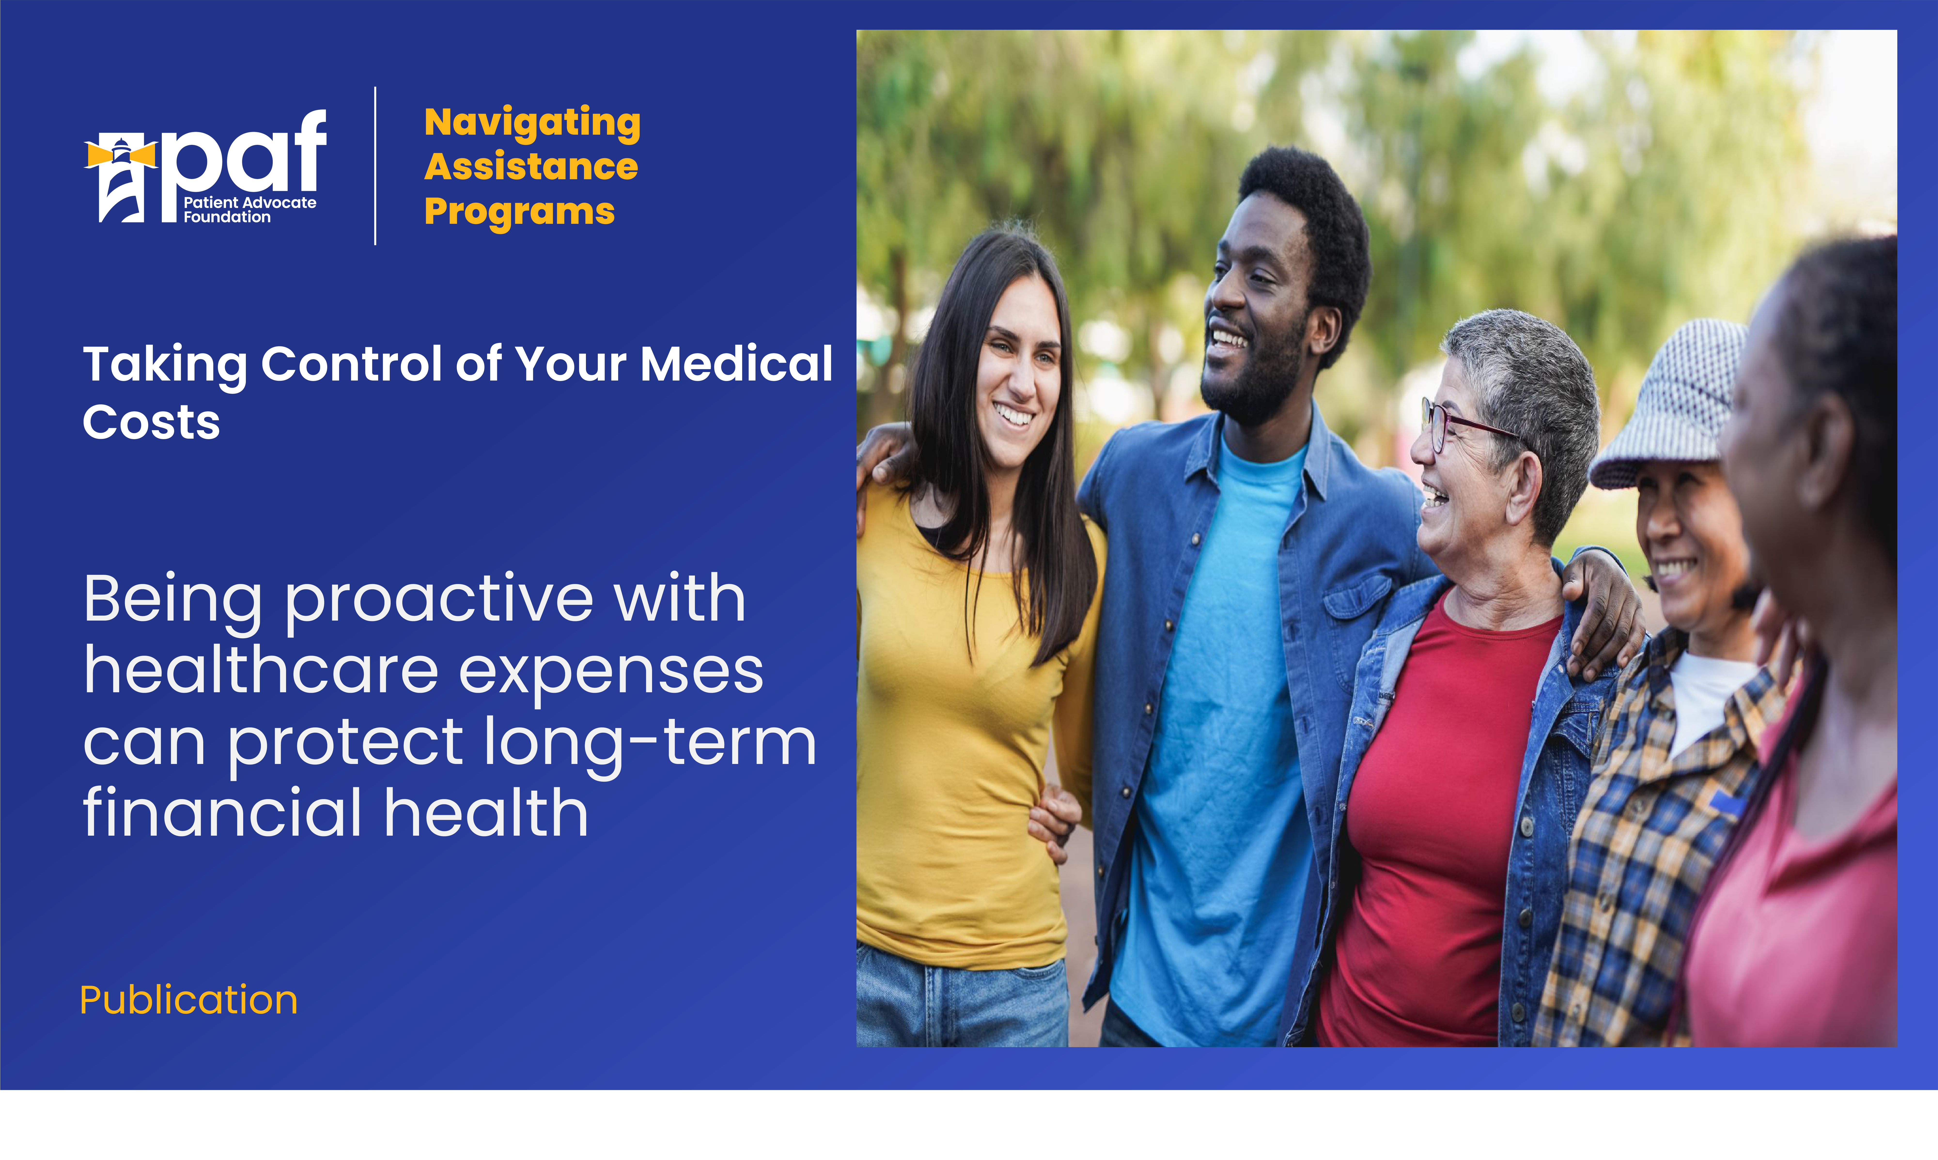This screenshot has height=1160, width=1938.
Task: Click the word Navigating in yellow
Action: (x=532, y=123)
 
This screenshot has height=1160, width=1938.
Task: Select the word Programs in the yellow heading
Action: (x=520, y=212)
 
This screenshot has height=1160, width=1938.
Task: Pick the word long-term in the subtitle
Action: (x=650, y=743)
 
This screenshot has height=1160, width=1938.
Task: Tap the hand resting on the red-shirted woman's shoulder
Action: (x=1602, y=617)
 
